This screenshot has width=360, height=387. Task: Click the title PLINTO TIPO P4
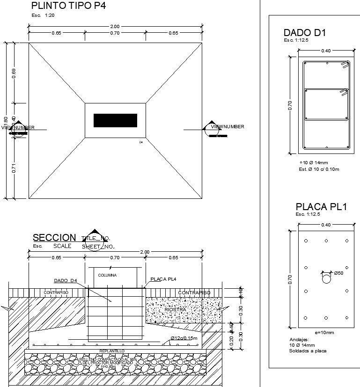click(68, 6)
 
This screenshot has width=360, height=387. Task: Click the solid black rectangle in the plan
click(115, 120)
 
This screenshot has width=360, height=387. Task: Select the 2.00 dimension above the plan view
click(115, 26)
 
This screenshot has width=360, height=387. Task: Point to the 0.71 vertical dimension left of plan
click(14, 168)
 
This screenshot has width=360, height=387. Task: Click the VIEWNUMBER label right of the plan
click(228, 127)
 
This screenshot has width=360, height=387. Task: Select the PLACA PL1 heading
click(321, 206)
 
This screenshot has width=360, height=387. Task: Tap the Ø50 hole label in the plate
click(339, 273)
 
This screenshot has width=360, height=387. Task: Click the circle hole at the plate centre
click(326, 278)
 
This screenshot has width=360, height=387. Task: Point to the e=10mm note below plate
click(324, 333)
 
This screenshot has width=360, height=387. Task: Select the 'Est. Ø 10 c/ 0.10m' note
click(319, 169)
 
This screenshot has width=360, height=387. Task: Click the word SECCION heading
click(54, 238)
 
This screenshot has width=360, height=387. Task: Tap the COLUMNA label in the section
click(107, 275)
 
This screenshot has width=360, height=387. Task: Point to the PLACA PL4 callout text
click(163, 279)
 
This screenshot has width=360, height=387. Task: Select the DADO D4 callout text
click(65, 281)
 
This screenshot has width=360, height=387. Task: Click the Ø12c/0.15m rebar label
click(184, 338)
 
